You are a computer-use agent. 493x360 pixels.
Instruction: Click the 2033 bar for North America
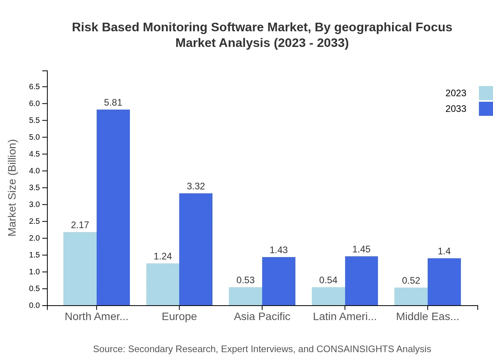(x=113, y=207)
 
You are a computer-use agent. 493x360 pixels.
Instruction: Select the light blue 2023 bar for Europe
(x=163, y=284)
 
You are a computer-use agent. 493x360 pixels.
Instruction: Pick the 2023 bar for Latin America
(x=328, y=296)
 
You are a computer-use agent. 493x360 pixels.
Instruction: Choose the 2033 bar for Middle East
(x=444, y=282)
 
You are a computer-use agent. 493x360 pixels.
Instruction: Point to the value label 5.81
(x=113, y=103)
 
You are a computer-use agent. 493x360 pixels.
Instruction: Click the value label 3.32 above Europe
(x=196, y=186)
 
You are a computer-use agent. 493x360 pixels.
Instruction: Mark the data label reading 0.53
(x=245, y=280)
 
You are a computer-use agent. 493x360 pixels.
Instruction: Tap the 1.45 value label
(x=361, y=249)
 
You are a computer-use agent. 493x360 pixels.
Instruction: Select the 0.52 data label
(x=411, y=281)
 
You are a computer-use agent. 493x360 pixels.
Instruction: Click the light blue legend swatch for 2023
(x=486, y=93)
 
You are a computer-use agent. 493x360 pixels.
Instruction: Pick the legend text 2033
(x=456, y=109)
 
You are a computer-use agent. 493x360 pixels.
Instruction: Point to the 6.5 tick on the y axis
(x=34, y=87)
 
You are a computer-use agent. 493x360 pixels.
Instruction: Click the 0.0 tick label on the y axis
(x=34, y=306)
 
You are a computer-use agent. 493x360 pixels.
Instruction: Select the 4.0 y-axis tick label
(x=34, y=171)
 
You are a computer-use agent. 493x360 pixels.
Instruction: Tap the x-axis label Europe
(x=179, y=317)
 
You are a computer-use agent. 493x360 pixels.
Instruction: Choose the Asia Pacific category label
(x=262, y=317)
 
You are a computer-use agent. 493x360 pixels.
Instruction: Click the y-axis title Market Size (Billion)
(x=13, y=188)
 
